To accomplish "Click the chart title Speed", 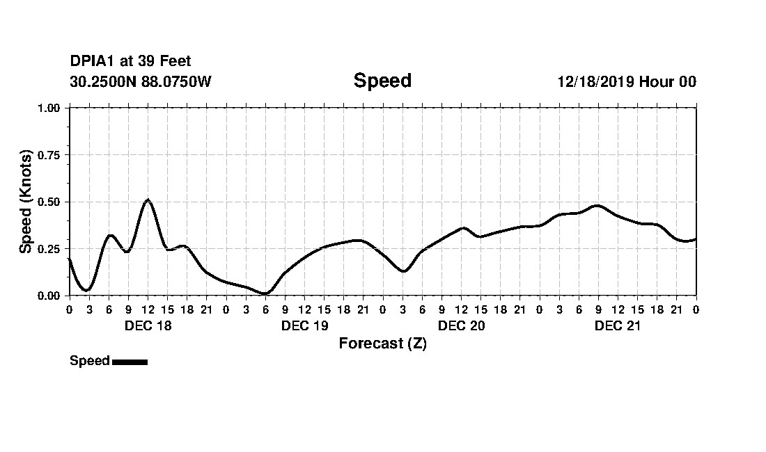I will (x=382, y=81).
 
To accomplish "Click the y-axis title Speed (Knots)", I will (x=26, y=201).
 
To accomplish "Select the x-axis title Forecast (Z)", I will (x=382, y=344).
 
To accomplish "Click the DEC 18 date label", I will (x=148, y=326).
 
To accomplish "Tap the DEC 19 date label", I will (x=304, y=326).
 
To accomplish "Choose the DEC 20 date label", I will (x=461, y=326).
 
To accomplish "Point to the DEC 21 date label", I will (x=618, y=326).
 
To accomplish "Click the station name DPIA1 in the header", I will (x=93, y=62).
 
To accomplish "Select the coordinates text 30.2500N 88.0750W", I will (x=140, y=81).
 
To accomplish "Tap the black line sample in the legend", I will (x=130, y=362).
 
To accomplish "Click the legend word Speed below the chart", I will (x=89, y=361).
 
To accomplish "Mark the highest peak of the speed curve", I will (x=148, y=200).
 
